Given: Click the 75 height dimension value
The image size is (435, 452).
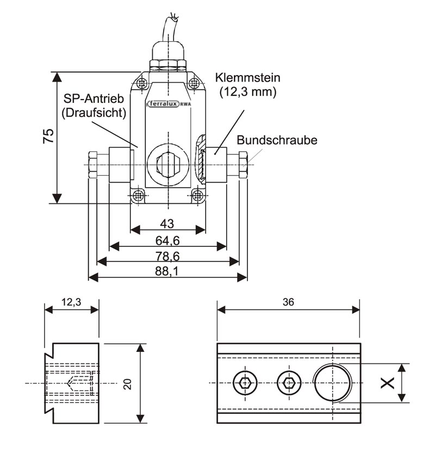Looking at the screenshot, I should pos(48,137).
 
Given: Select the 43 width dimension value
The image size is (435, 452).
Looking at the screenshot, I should pos(167,224).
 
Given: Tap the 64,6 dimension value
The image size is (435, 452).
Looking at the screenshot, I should pos(167,239).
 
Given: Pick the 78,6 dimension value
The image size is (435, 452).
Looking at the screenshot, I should pos(167,256).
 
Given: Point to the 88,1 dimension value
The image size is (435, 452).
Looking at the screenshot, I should pos(167,271).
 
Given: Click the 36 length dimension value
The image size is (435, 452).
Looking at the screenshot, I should pos(288,303).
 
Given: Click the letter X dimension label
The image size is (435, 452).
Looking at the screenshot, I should pos(387,383).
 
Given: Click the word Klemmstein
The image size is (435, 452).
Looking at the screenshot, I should pos(247,78).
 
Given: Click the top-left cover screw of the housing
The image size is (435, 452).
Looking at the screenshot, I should pos(142,83).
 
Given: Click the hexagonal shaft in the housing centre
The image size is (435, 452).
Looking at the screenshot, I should pos(167,163).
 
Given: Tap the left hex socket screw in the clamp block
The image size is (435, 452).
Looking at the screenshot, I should pos(245,383).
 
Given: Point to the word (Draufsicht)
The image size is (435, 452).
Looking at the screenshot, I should pos(94,113).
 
